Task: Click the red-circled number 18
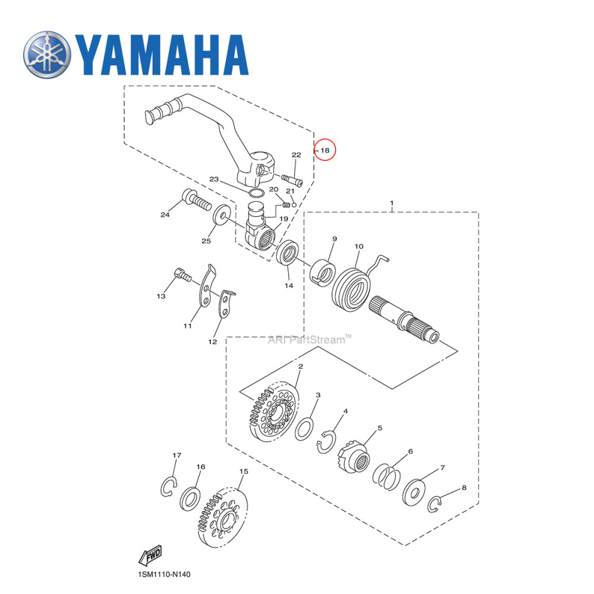325,151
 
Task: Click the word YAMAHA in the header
160,56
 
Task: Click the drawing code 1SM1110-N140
164,575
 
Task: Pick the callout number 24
165,215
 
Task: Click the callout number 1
391,203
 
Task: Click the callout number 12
212,342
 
